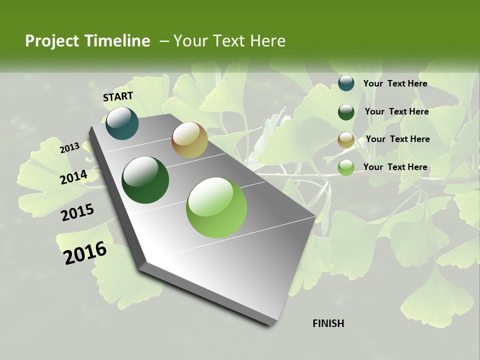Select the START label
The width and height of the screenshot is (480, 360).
(x=118, y=96)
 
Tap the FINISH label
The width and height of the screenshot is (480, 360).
(x=328, y=323)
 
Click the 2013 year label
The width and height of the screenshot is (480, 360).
(x=69, y=148)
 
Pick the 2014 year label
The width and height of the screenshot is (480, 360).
(x=73, y=177)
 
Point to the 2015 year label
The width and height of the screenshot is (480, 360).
(x=77, y=212)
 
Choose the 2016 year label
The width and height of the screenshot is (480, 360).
(x=85, y=253)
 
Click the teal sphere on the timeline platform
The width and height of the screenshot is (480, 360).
(x=122, y=123)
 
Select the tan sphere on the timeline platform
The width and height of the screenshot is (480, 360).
(x=189, y=140)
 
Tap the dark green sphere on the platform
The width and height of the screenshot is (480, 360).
(x=145, y=180)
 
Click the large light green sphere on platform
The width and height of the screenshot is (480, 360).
(x=216, y=207)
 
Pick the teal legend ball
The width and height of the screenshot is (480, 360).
(x=346, y=83)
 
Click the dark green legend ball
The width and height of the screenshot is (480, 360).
(x=346, y=112)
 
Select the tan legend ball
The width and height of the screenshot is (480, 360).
(x=346, y=140)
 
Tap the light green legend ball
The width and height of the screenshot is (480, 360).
(x=346, y=167)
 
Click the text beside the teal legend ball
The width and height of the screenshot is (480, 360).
(x=395, y=83)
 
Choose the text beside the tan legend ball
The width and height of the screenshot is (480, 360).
(x=397, y=139)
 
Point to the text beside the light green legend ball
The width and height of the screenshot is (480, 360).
(x=395, y=167)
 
